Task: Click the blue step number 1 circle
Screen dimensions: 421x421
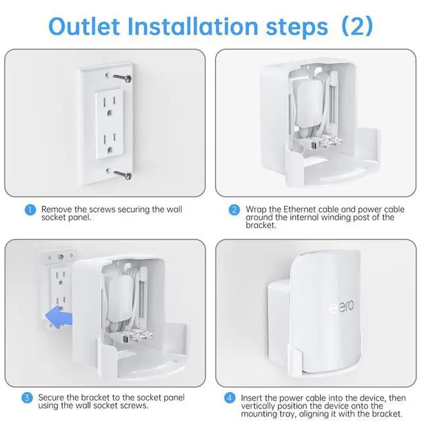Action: (x=30, y=210)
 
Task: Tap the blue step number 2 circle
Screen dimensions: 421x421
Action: (x=234, y=210)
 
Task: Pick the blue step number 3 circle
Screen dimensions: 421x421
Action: (x=28, y=397)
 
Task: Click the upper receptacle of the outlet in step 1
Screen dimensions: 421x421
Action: (x=111, y=104)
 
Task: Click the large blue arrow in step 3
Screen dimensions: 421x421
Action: (x=56, y=318)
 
